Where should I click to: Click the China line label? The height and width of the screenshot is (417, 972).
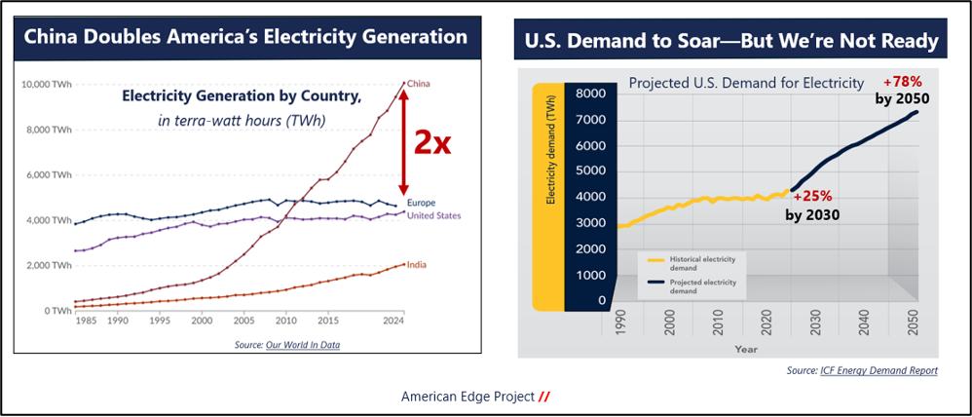tap(419, 83)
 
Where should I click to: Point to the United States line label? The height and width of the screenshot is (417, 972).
tap(433, 215)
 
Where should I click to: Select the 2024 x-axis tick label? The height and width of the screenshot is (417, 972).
tap(394, 320)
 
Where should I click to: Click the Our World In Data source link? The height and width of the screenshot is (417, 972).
tap(303, 345)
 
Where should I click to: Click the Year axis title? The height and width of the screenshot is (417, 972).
tap(746, 348)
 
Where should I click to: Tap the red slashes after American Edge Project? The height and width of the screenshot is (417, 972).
tap(545, 398)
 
